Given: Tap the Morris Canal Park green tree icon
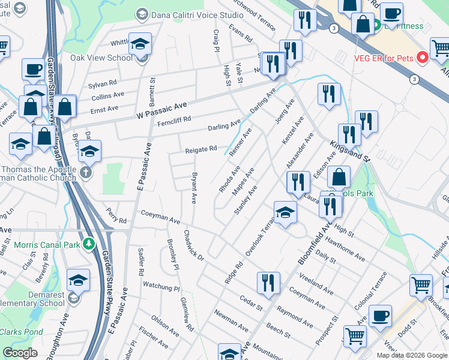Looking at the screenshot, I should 89,243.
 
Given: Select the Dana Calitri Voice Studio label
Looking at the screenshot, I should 193,14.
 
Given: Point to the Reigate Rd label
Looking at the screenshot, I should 200,149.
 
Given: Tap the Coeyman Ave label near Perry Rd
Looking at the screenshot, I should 160,217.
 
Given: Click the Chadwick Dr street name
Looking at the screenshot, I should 194,246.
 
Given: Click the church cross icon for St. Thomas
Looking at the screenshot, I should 86,173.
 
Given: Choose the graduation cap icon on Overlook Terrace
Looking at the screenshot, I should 285,211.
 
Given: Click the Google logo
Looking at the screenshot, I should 20,353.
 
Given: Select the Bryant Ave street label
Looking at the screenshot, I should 193,189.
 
